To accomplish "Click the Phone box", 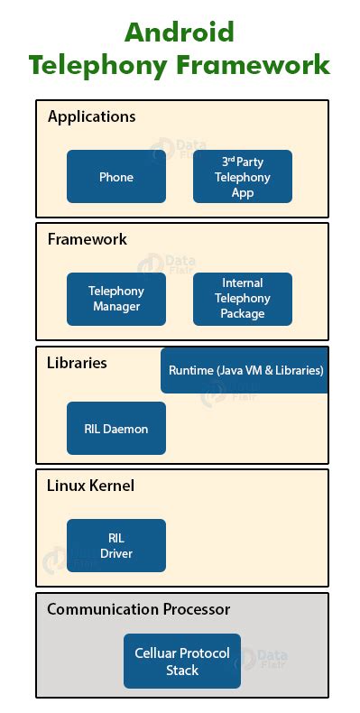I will [115, 176].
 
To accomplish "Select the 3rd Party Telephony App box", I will [243, 176].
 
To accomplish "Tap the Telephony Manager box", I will [115, 299].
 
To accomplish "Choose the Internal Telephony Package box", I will [243, 299].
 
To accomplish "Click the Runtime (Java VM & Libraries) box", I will [245, 370].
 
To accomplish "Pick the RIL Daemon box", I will [115, 429].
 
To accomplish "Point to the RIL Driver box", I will [115, 545].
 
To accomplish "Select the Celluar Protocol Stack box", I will [181, 662].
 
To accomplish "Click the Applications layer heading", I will [91, 116].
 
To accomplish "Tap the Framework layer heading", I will [87, 239].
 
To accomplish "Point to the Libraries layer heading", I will [77, 363].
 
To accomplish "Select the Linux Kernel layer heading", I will [90, 486].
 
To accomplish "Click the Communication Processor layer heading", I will [138, 609].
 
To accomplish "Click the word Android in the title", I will [179, 32].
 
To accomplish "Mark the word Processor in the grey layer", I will [197, 609].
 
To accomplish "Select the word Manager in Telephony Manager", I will [115, 307].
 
